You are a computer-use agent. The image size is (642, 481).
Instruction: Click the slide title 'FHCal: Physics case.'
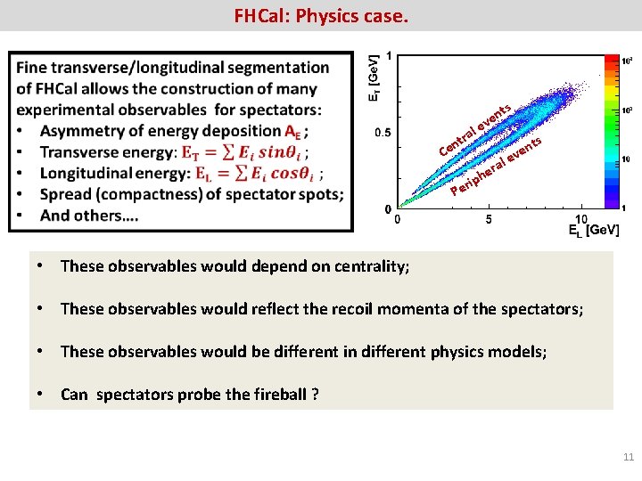pos(320,15)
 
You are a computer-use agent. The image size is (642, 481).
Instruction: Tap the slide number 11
pos(628,457)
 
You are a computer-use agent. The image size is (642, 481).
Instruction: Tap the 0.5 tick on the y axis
pos(381,133)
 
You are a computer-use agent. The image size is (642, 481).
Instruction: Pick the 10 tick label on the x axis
pos(580,218)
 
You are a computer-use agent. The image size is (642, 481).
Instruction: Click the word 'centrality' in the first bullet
pos(372,266)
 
